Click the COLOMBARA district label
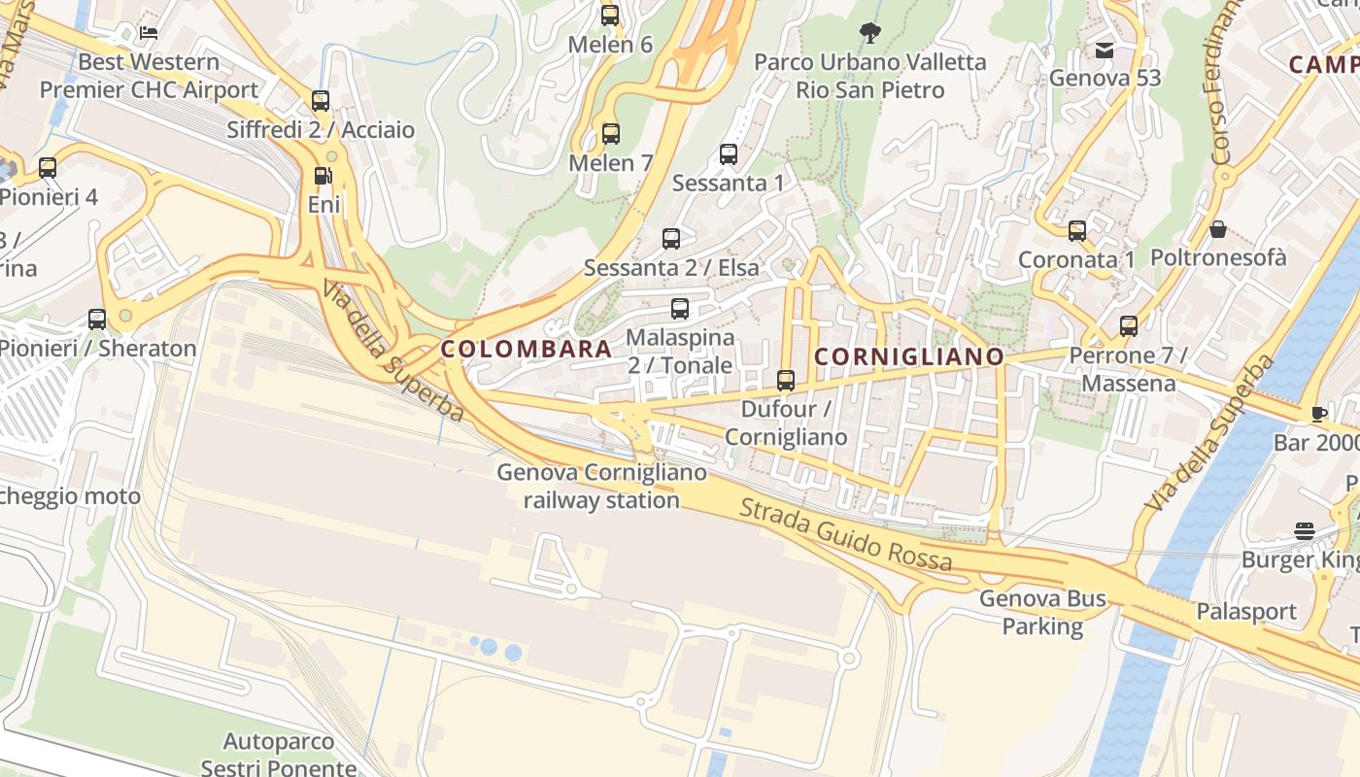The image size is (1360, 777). coord(527,349)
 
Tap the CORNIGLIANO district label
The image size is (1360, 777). coord(908,356)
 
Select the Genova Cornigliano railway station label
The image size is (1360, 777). coord(601,487)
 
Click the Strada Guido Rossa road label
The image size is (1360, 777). coord(845,533)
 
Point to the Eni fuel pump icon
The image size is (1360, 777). coord(323,176)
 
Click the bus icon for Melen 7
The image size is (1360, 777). coord(610,134)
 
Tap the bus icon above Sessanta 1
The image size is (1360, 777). coord(728,154)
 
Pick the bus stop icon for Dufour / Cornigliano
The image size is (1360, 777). coord(786,381)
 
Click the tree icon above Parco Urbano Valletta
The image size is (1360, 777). coord(870,34)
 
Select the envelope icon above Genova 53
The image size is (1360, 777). coord(1105,51)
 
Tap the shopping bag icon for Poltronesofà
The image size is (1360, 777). coord(1217,229)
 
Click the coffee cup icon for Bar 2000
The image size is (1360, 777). coord(1318,415)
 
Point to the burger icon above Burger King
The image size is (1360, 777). coord(1305,531)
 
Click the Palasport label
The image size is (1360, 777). coord(1246,612)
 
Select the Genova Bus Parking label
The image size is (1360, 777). coord(1042,612)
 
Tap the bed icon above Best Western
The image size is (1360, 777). coord(149,33)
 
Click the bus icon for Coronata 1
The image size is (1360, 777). coord(1076,231)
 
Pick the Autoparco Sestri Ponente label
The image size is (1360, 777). coord(279,755)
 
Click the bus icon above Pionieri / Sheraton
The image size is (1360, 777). coord(97,319)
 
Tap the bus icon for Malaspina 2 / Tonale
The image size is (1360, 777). coord(680,310)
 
